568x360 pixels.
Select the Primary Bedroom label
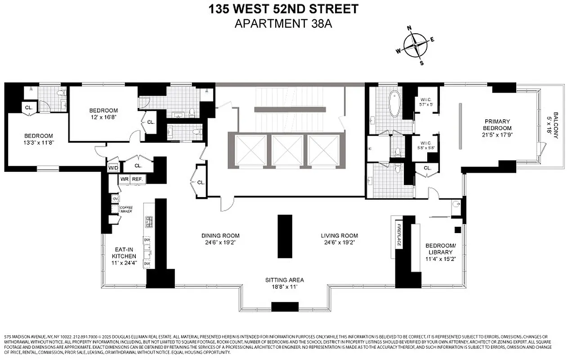click(x=497, y=124)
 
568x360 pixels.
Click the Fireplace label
click(x=399, y=234)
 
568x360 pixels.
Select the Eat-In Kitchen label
click(x=124, y=252)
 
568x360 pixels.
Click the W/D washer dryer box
click(x=113, y=168)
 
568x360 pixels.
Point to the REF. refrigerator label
click(x=137, y=179)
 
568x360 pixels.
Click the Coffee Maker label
click(x=126, y=209)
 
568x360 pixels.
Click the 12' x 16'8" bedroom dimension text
click(x=103, y=117)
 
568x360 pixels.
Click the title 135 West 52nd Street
click(x=283, y=9)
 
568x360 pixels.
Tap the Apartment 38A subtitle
click(x=283, y=23)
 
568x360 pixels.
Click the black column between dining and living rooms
click(x=285, y=236)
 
